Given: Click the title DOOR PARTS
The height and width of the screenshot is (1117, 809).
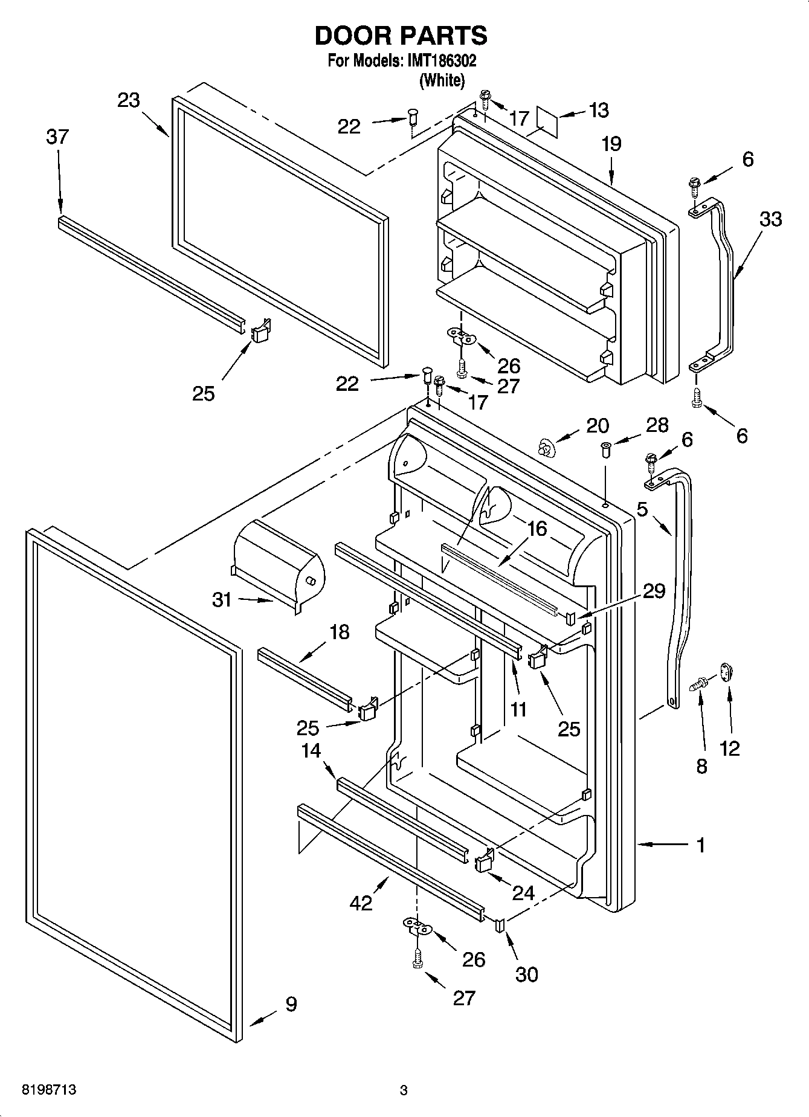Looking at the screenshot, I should pos(401,36).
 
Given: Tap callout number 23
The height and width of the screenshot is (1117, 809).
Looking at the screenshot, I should pos(129,100).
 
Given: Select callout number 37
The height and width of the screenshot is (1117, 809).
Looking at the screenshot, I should pos(57,137).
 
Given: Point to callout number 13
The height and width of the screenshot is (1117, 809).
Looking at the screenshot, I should pos(598,111).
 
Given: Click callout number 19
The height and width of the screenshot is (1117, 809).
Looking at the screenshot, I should pos(611,144).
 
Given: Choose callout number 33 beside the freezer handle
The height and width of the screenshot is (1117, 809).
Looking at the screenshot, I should pos(770,219).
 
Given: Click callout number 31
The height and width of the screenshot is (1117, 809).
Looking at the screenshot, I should pos(222,600).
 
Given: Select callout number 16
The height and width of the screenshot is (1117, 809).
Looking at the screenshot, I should pos(536,529).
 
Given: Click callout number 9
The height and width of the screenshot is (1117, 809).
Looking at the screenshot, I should pos(291,1004).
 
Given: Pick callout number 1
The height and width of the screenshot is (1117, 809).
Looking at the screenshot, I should pos(700,845).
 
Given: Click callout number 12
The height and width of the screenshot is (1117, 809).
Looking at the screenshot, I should pos(729,748).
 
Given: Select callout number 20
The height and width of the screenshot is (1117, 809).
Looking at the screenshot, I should pos(598,426).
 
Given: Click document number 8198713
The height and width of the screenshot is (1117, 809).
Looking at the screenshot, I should pos(49,1090).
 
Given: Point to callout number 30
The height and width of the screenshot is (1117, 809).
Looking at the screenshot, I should pos(526,974).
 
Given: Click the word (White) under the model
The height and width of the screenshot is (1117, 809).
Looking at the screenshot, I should pos(442,80).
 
